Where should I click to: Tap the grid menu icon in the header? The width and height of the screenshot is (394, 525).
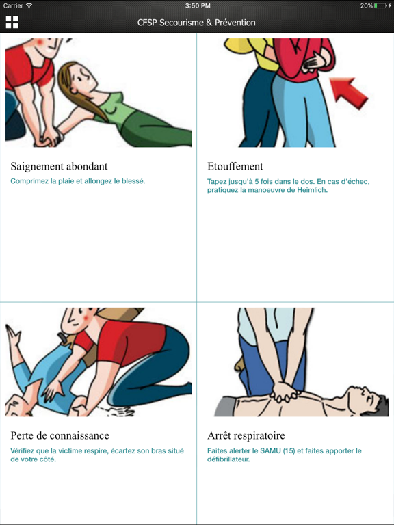point(12,22)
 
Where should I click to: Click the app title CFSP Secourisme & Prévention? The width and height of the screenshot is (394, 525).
point(196,23)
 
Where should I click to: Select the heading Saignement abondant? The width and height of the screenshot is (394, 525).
point(59,166)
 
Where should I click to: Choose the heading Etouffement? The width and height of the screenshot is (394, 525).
point(235,166)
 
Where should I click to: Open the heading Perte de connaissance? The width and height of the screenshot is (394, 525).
point(60,435)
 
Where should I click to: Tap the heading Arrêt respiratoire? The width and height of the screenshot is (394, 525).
point(246,435)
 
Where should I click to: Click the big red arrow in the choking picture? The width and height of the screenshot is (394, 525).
point(349,93)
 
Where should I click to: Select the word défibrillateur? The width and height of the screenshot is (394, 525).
point(228,459)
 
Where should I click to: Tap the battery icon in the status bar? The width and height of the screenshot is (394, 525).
point(380,5)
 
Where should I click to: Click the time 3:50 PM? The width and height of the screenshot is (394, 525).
point(197,5)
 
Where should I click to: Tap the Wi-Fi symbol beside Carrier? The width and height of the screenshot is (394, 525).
point(29,5)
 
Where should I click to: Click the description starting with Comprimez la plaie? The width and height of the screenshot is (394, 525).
point(78,181)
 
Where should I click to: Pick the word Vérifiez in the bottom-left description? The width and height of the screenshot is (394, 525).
point(22,450)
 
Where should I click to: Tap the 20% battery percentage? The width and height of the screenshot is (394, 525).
point(366,5)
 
